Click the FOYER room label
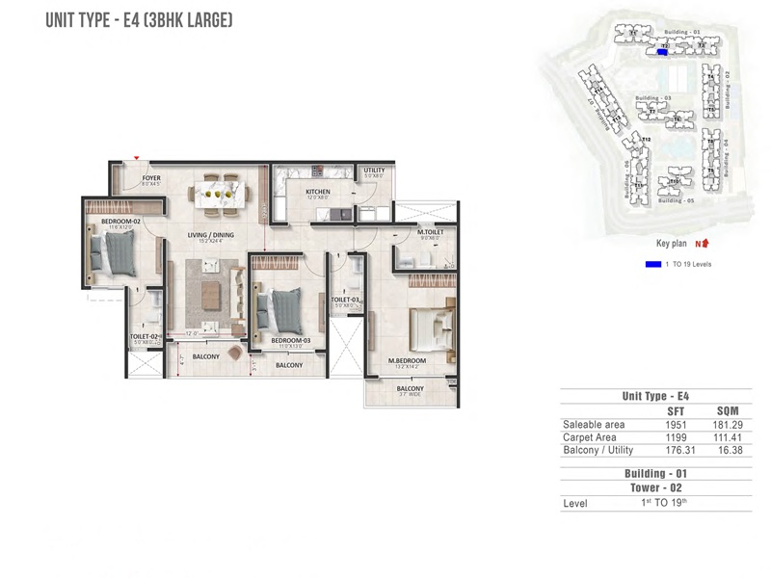[151, 178]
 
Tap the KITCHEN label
[318, 192]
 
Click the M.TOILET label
[429, 232]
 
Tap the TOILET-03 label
[345, 300]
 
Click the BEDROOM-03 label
[288, 341]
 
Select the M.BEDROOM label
[408, 361]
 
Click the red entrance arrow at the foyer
[138, 158]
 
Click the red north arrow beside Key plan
[705, 245]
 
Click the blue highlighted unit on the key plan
[662, 53]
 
